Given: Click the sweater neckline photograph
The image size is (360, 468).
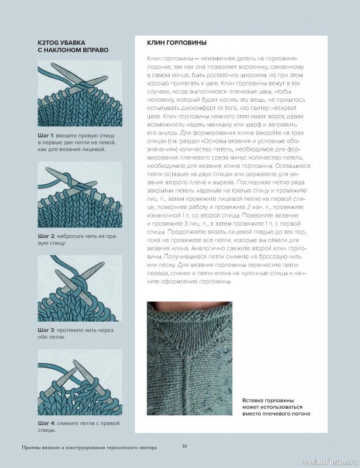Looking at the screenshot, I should (x=190, y=360).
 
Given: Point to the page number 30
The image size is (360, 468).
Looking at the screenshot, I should (x=184, y=446).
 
